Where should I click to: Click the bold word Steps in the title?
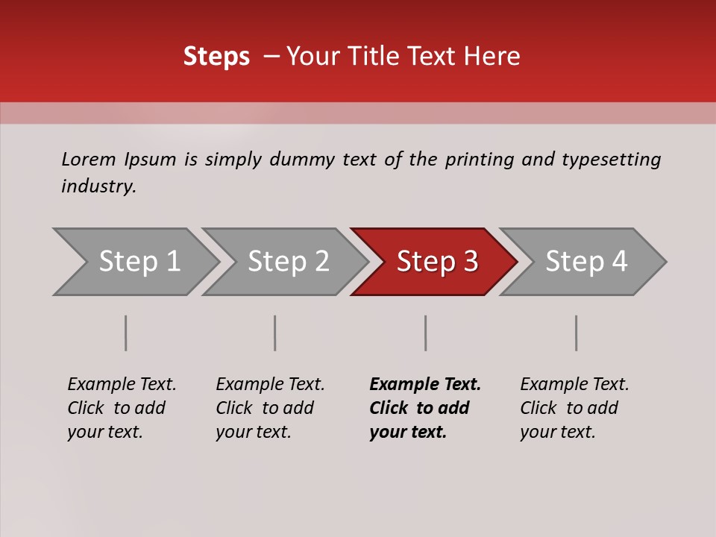(216, 57)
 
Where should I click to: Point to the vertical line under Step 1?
(126, 333)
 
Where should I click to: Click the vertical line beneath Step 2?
(275, 333)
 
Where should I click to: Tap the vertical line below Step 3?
(425, 333)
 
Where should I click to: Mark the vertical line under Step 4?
(577, 333)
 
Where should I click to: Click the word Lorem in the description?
(89, 160)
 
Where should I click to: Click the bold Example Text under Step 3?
(425, 385)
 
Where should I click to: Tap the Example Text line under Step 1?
(122, 385)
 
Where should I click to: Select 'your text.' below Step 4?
(557, 432)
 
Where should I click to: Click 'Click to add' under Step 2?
(265, 409)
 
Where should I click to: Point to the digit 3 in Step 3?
(469, 262)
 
